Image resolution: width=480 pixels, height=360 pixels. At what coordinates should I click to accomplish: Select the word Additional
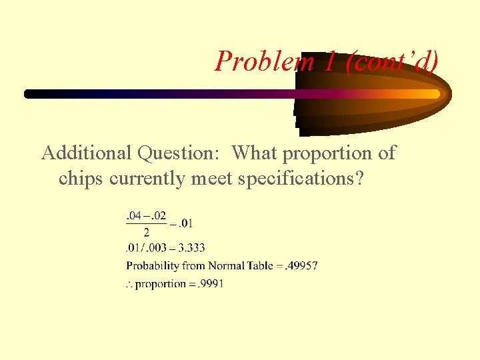87,153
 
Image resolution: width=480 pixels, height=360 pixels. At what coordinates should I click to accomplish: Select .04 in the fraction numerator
133,215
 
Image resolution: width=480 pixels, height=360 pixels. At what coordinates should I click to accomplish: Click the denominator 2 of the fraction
147,233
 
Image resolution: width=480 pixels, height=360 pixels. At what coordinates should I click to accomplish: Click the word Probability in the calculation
153,266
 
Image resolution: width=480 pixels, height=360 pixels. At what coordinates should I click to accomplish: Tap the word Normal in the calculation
227,265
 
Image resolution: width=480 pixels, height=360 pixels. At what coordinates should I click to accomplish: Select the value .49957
301,265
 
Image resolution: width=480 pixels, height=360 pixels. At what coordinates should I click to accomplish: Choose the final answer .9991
210,283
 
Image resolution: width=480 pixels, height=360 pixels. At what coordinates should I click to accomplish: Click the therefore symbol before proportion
129,285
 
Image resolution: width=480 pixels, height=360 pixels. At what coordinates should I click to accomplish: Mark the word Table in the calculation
261,265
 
